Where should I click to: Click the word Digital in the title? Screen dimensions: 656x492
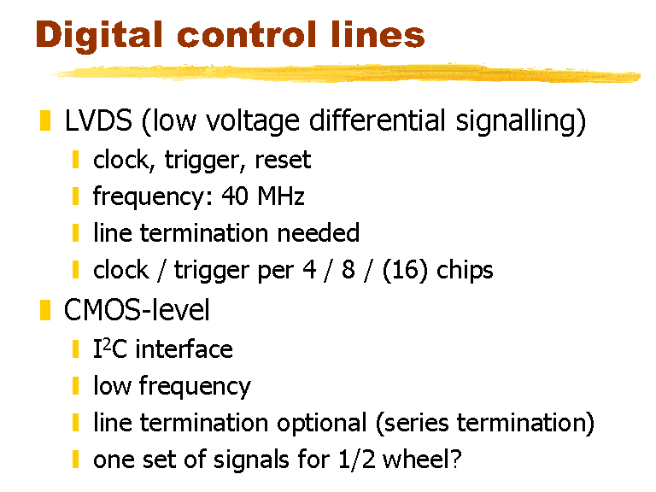point(99,36)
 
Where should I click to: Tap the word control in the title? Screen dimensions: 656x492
point(247,35)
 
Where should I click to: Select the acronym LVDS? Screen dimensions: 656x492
point(98,120)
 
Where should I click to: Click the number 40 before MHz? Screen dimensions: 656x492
point(235,196)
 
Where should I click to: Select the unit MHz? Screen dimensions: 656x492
point(281,196)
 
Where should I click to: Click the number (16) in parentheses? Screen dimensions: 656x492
point(405,270)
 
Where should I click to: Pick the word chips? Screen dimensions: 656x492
point(465,271)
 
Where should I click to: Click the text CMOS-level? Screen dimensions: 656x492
point(137,310)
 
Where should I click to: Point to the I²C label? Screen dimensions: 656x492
point(110,348)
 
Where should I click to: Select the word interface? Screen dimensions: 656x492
point(184,348)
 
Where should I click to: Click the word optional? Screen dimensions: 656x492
point(322,423)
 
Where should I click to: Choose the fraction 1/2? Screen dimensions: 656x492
point(357,460)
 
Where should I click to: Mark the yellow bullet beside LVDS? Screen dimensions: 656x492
point(45,120)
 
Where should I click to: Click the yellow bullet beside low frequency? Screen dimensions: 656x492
point(76,386)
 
